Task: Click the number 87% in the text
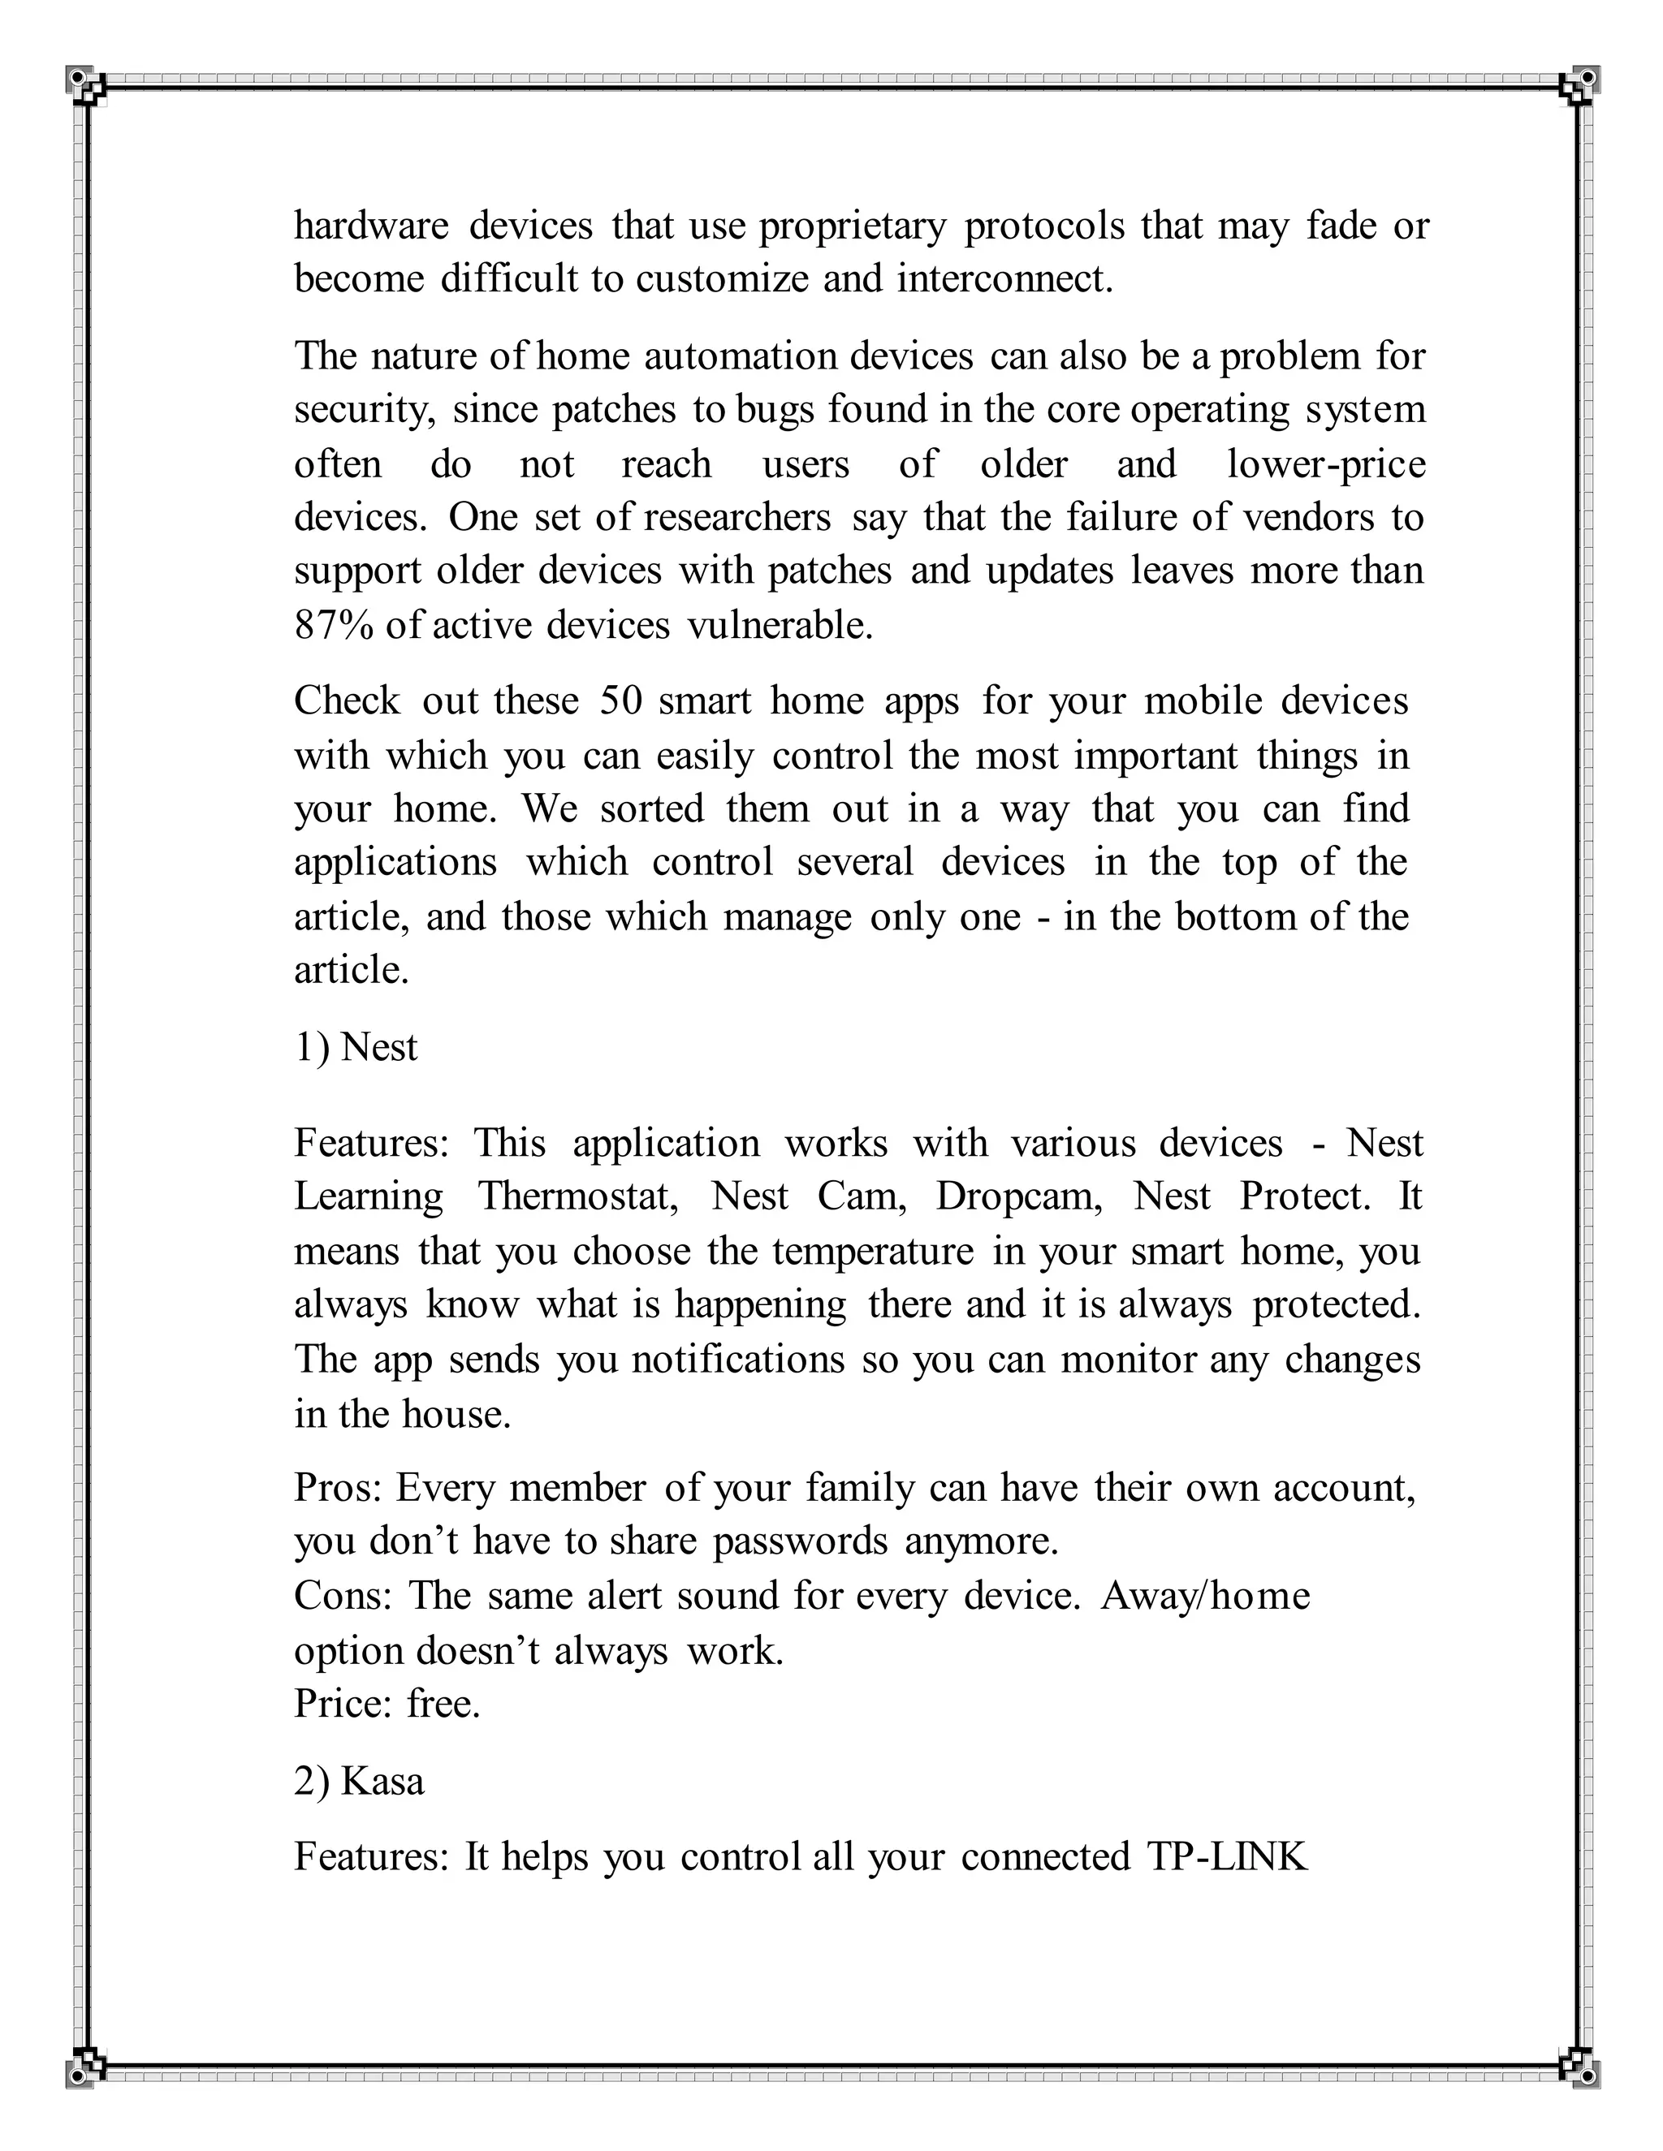tap(333, 625)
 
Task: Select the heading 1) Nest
tap(356, 1047)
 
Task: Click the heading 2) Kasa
tap(359, 1781)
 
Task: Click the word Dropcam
tap(1019, 1196)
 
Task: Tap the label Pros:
tap(338, 1487)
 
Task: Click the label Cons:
tap(343, 1596)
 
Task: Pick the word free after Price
tap(443, 1704)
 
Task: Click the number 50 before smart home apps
tap(620, 701)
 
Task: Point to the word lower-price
tap(1326, 463)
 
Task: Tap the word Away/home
tap(1205, 1596)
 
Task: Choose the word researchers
tap(738, 518)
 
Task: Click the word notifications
tap(738, 1360)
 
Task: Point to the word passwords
tap(800, 1541)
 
